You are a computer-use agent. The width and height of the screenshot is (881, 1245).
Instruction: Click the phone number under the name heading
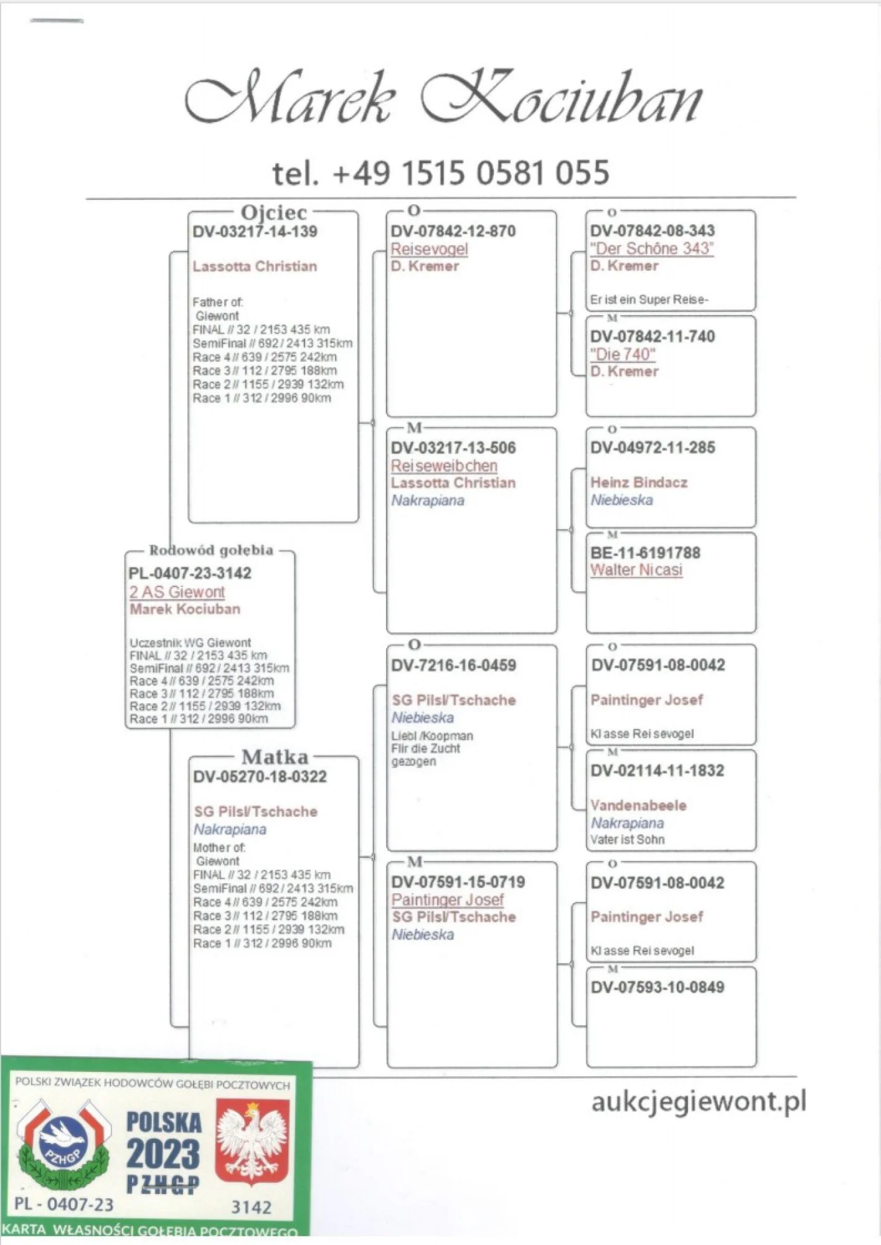(x=441, y=173)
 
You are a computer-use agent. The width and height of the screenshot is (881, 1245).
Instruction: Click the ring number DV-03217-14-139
(x=255, y=232)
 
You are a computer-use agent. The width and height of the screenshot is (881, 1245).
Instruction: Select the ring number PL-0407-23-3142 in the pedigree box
(x=190, y=573)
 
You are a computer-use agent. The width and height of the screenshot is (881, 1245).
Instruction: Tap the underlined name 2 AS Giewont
(x=177, y=592)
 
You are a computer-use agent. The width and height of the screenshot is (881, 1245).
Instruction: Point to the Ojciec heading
(x=274, y=212)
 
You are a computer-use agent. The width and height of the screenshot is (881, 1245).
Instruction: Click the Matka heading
(x=275, y=757)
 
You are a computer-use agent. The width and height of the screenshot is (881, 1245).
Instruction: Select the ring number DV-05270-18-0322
(x=260, y=777)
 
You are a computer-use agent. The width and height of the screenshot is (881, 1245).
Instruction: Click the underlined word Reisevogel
(x=429, y=249)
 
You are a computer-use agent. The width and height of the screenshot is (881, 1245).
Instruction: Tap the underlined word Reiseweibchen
(x=444, y=466)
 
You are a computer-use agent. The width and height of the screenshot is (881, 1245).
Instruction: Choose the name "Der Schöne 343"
(x=652, y=248)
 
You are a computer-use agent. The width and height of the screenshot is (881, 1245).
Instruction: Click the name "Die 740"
(x=623, y=354)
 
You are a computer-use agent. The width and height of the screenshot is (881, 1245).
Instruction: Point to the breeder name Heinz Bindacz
(x=639, y=482)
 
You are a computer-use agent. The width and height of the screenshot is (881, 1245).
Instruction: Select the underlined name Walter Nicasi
(x=636, y=570)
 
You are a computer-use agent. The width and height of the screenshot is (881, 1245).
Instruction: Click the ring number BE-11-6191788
(x=645, y=553)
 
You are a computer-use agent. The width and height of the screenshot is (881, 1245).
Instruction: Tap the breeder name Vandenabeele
(x=638, y=805)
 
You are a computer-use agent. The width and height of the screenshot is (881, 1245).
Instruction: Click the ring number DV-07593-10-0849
(x=657, y=987)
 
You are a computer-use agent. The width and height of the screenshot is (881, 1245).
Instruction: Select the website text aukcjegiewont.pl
(x=699, y=1101)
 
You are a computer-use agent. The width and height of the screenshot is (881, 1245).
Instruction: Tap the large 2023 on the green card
(x=163, y=1153)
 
